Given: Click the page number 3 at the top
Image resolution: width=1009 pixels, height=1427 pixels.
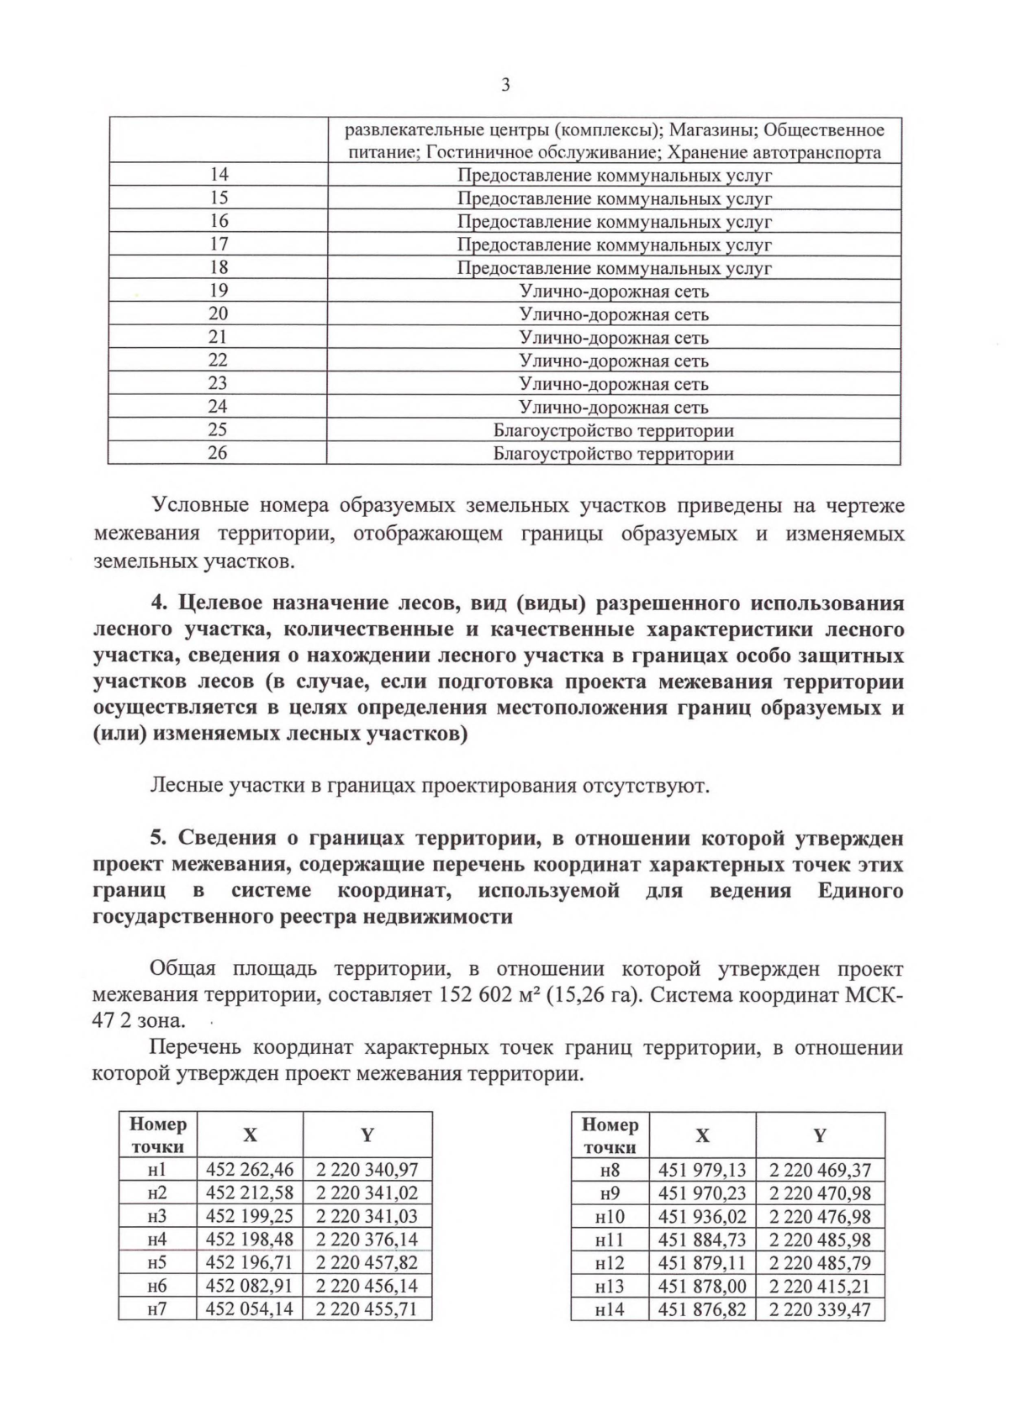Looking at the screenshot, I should tap(504, 85).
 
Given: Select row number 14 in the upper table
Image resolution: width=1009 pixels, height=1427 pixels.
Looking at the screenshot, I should tap(218, 175).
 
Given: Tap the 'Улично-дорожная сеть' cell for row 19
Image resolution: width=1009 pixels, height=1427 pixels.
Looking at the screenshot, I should tap(614, 292).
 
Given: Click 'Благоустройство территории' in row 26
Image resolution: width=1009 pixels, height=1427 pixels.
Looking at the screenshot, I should tap(614, 454).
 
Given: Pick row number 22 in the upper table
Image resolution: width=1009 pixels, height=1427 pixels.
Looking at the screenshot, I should tap(218, 361).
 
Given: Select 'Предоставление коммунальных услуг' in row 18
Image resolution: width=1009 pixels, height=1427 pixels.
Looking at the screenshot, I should tap(614, 268).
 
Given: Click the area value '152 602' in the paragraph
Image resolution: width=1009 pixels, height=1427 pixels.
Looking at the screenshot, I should tap(476, 995).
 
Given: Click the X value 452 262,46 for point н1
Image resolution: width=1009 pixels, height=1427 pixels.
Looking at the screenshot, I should tap(250, 1169).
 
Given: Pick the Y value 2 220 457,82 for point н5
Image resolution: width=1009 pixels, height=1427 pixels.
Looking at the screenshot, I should tap(367, 1262).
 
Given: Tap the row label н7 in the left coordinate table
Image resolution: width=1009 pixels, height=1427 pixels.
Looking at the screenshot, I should tap(157, 1309).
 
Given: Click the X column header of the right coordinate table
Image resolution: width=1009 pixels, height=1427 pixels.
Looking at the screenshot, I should tap(703, 1135).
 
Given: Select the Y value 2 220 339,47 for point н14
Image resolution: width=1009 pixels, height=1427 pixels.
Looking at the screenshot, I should tap(820, 1309).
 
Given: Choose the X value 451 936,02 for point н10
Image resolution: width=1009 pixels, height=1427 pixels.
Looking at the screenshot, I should tap(703, 1216).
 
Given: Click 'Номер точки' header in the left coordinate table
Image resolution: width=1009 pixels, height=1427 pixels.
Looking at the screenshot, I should tap(157, 1135).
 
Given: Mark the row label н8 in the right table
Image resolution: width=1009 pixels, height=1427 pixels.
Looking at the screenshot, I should tap(610, 1170).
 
